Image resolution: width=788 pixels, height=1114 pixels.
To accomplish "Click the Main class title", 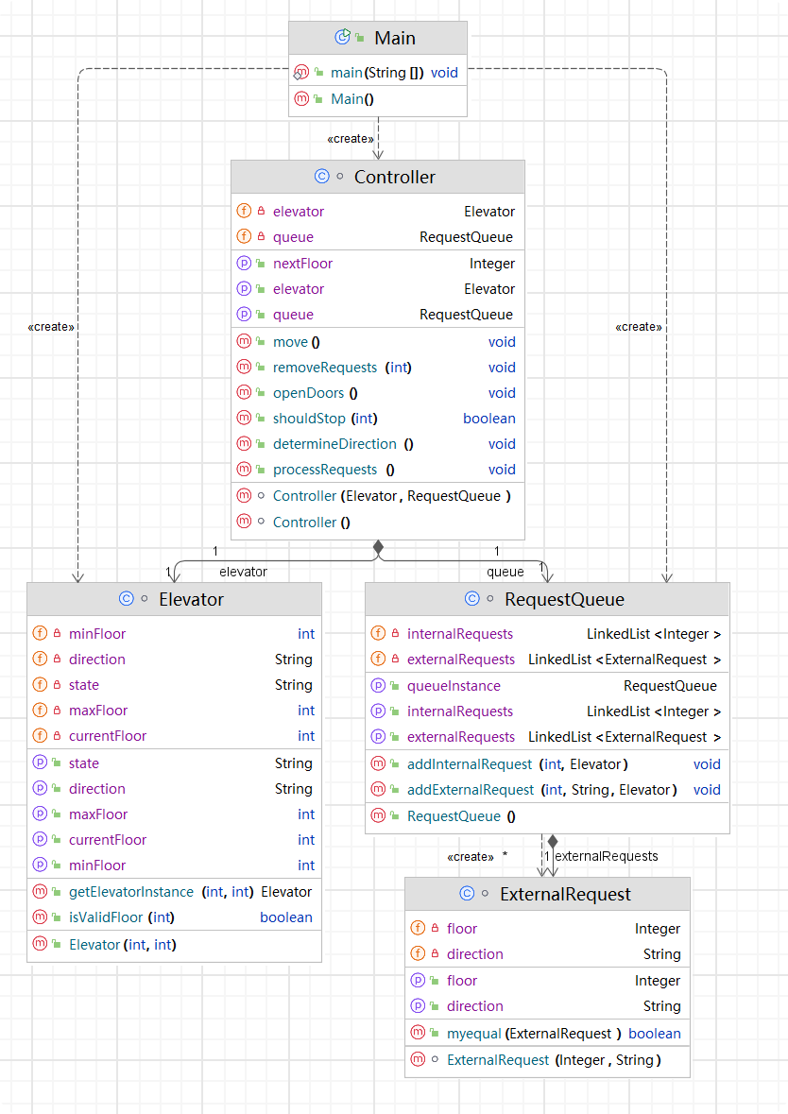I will point(394,38).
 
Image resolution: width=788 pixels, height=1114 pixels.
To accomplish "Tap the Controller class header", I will point(394,177).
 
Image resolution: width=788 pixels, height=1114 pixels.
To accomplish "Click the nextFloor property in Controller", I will point(302,264).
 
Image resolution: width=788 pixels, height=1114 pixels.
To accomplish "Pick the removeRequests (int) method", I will point(341,367).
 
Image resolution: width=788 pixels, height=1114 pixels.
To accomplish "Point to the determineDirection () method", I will point(343,443).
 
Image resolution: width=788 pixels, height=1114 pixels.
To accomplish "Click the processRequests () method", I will point(334,469).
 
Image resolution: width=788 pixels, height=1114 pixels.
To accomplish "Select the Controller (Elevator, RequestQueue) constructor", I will point(391,495).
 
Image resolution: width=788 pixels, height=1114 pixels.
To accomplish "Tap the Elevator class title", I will point(191,599).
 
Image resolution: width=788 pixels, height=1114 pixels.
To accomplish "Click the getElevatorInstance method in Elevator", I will point(162,891).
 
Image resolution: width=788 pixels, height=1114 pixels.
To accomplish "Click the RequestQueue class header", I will point(564,599).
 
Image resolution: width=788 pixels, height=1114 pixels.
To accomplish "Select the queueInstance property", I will point(454,686).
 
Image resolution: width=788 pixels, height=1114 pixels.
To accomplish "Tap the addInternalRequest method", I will point(517,763).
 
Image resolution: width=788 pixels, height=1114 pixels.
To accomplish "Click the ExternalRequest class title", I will point(565,894).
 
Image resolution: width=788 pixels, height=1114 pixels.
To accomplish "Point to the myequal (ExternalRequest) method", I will point(534,1033).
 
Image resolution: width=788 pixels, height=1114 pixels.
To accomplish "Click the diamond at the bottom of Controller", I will point(378,547).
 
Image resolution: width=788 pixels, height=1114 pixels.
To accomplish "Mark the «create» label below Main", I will point(350,139).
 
